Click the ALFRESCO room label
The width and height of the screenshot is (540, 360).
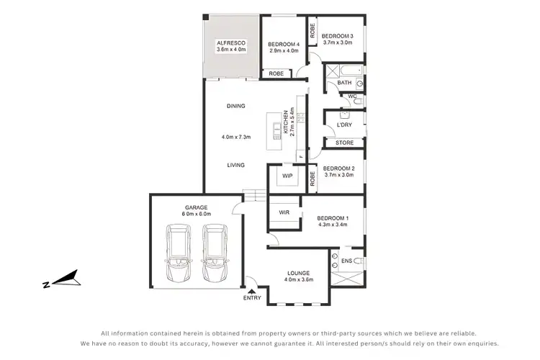click(x=231, y=44)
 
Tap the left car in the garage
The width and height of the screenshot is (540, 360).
click(x=179, y=253)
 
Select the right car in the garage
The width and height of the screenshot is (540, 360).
click(x=214, y=253)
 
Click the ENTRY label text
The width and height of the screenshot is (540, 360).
click(x=253, y=297)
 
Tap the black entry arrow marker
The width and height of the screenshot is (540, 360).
click(x=251, y=290)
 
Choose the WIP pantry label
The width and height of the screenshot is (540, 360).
click(x=287, y=176)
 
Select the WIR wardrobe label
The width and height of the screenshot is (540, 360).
click(x=283, y=213)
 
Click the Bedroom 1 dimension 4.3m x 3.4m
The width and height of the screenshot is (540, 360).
click(x=332, y=224)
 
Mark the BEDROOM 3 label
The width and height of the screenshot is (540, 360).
click(x=337, y=36)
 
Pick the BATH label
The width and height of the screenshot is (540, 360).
click(x=344, y=83)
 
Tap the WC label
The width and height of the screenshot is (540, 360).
click(x=352, y=96)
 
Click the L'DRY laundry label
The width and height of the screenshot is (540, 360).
click(x=344, y=125)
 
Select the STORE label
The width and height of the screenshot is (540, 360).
click(x=344, y=143)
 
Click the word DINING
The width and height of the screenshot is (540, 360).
click(x=235, y=106)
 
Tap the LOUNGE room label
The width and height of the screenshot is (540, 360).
click(x=298, y=273)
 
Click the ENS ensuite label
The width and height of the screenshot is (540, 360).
click(x=346, y=261)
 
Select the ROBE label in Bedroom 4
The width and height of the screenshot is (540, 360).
click(x=276, y=73)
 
